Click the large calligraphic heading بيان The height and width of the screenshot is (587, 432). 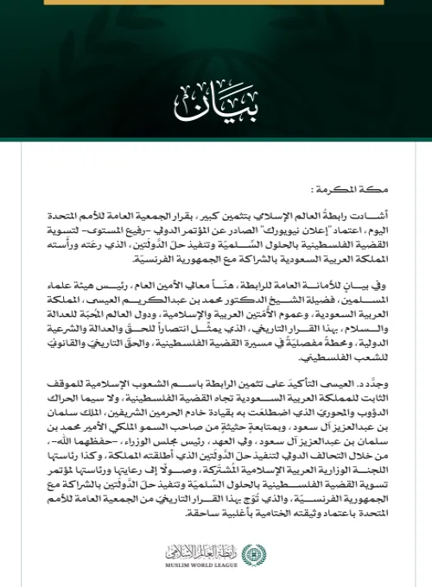[216, 101]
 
